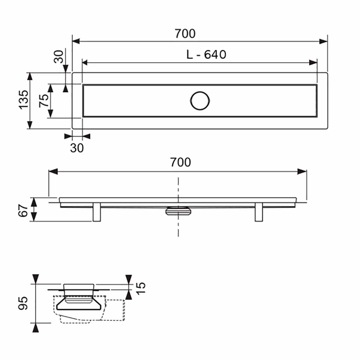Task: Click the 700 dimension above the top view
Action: pos(185,34)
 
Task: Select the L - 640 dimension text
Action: pos(206,54)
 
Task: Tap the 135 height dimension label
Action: pos(24,100)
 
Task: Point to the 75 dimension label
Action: pos(44,101)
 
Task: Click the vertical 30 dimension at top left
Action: pos(59,57)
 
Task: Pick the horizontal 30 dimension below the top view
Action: pos(77,148)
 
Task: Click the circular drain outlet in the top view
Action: pos(200,101)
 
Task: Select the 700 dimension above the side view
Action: pos(180,162)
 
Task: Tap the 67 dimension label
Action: pos(23,210)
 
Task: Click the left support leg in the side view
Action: pos(97,212)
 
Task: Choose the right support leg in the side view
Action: pos(259,212)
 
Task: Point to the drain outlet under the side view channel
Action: pos(178,211)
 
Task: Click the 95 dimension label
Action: pos(23,303)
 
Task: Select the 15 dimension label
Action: pos(141,288)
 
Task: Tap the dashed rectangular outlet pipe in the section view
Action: pos(113,310)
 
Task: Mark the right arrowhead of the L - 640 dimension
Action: pos(313,63)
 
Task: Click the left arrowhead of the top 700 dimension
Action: pos(76,41)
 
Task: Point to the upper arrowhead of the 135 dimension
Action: pos(30,76)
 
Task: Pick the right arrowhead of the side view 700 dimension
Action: pos(302,172)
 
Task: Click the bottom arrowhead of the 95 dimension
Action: pos(36,328)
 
